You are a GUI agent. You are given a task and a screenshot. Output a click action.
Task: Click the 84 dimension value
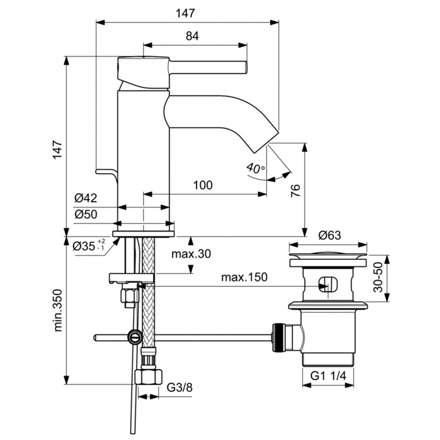(x=192, y=36)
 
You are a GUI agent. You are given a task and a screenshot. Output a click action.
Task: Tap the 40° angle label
(x=255, y=168)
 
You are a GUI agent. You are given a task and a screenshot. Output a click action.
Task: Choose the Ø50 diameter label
(x=86, y=215)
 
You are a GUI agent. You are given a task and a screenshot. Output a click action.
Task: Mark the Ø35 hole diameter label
(x=88, y=246)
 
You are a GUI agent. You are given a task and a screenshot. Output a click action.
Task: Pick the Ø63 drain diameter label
(x=330, y=235)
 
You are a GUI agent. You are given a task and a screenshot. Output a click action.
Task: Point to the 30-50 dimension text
(x=378, y=277)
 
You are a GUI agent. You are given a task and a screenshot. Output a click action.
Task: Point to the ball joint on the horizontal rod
(x=134, y=337)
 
